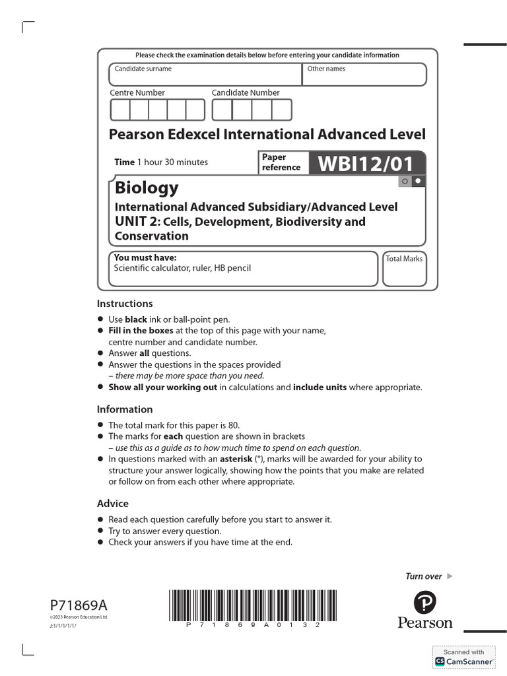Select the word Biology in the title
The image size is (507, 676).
pyautogui.click(x=147, y=187)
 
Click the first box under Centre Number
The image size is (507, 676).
pyautogui.click(x=120, y=110)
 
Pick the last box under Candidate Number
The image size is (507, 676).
pyautogui.click(x=281, y=110)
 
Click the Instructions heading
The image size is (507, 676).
pyautogui.click(x=125, y=304)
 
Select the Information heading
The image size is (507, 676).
pyautogui.click(x=125, y=409)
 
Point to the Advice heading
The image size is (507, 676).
pyautogui.click(x=113, y=504)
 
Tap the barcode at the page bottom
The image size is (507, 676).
pyautogui.click(x=244, y=605)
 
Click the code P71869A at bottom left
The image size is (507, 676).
pyautogui.click(x=79, y=605)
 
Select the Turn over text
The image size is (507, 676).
pyautogui.click(x=423, y=576)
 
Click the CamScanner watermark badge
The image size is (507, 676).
pyautogui.click(x=463, y=657)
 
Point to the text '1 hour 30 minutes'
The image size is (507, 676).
pyautogui.click(x=172, y=162)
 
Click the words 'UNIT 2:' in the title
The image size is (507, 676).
pyautogui.click(x=137, y=221)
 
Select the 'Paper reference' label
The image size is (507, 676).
pyautogui.click(x=281, y=162)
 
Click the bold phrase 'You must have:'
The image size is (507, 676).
pyautogui.click(x=145, y=257)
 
